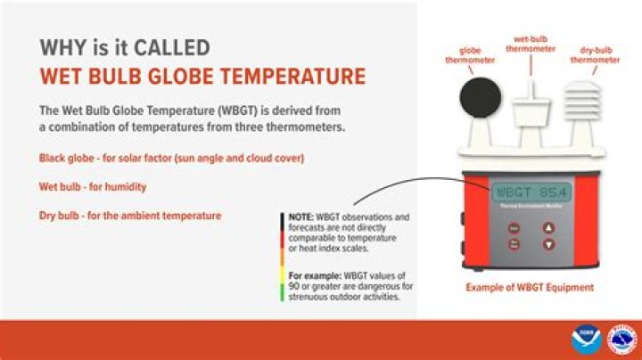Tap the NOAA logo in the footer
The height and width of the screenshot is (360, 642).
click(586, 340)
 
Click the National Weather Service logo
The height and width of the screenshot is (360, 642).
click(621, 340)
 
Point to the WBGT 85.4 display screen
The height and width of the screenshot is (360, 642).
click(531, 192)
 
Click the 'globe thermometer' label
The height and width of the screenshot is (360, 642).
click(476, 56)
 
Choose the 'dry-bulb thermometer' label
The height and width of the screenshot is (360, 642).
click(595, 56)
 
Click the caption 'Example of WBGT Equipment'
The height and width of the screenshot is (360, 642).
click(530, 288)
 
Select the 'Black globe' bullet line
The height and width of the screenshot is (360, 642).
click(171, 158)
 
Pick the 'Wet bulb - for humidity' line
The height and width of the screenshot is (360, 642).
click(93, 187)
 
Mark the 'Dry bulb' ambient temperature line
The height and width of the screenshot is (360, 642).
click(130, 216)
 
